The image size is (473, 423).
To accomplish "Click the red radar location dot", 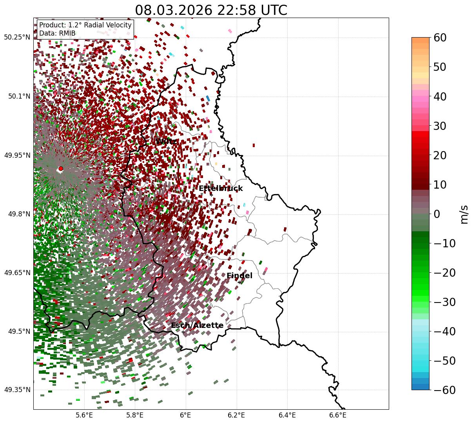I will click(61, 169).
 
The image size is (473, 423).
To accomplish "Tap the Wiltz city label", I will click(166, 141).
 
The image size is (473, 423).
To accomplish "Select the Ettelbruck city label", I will click(221, 189).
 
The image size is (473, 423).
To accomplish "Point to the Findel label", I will click(239, 276).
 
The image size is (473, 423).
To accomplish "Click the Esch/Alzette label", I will click(197, 326).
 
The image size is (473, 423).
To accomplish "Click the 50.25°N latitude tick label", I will click(17, 38).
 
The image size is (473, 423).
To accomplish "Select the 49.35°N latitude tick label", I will click(17, 390).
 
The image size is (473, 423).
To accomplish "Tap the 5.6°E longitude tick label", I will click(84, 415).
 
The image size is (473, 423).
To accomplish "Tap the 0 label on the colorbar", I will click(437, 214).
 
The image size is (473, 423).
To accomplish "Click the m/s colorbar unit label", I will click(464, 214).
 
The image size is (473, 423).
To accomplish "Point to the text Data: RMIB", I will click(57, 33).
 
